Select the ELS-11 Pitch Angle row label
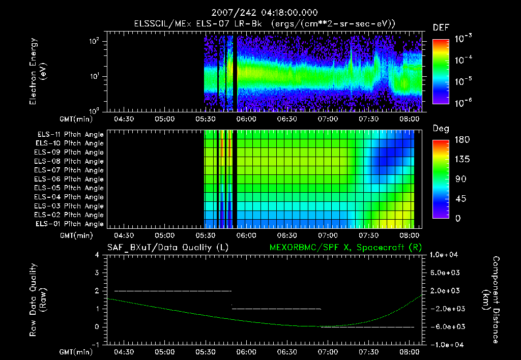(x=69, y=134)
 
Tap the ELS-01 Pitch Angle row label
(x=69, y=224)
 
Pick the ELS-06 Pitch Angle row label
(x=69, y=179)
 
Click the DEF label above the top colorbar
(x=441, y=27)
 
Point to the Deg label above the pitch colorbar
(x=441, y=129)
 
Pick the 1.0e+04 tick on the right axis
(x=445, y=255)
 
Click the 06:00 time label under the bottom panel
(x=246, y=351)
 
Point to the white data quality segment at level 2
(x=173, y=291)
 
